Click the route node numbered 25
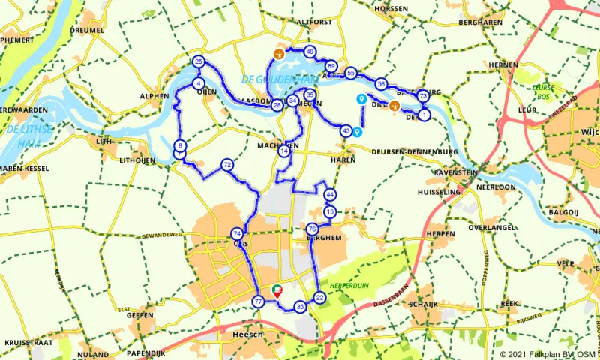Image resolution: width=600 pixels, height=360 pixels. point(199,61)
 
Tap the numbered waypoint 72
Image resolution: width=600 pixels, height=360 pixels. point(226,164)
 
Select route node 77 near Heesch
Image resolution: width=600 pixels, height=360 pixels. point(258,302)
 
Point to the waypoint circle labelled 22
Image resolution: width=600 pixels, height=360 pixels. point(320,298)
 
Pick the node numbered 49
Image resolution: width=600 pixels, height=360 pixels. point(310,52)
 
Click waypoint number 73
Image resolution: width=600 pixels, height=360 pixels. point(423,96)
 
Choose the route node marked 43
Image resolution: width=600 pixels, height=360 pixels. point(346,130)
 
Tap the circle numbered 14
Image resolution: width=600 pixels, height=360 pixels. point(283,151)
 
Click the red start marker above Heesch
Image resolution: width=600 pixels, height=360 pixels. point(277,290)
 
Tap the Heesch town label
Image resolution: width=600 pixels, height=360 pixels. point(247,334)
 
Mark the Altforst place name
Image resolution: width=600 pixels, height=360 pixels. point(313,22)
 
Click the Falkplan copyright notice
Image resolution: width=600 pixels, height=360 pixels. point(548,354)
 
